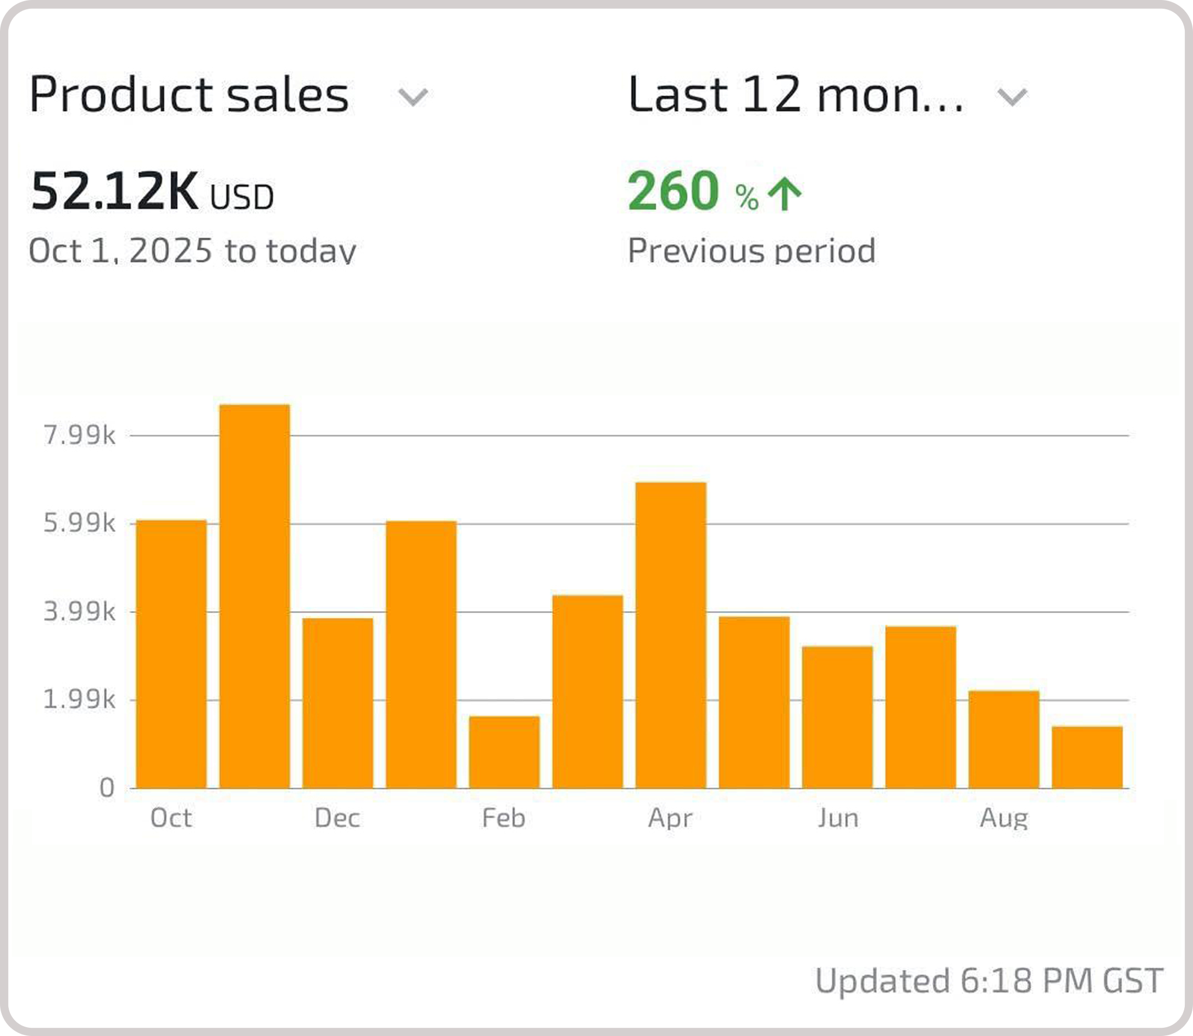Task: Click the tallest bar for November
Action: (x=255, y=596)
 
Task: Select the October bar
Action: (x=171, y=654)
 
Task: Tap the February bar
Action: (x=504, y=752)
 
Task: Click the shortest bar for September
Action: (x=1087, y=757)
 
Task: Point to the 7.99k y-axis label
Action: (x=80, y=436)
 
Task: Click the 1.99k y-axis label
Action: (x=80, y=700)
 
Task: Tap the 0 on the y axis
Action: (x=107, y=788)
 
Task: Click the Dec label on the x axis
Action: (x=338, y=818)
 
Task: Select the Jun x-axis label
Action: (x=837, y=818)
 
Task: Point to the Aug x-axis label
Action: (x=1004, y=818)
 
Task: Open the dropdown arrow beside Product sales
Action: (x=413, y=97)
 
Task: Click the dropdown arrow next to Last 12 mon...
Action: (x=1012, y=97)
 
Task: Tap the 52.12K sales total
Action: (x=114, y=191)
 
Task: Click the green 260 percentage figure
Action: (x=673, y=191)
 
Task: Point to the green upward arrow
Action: (x=785, y=194)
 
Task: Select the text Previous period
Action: (x=752, y=251)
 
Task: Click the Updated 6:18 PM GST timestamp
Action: (x=989, y=980)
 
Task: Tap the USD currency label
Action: (x=241, y=198)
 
